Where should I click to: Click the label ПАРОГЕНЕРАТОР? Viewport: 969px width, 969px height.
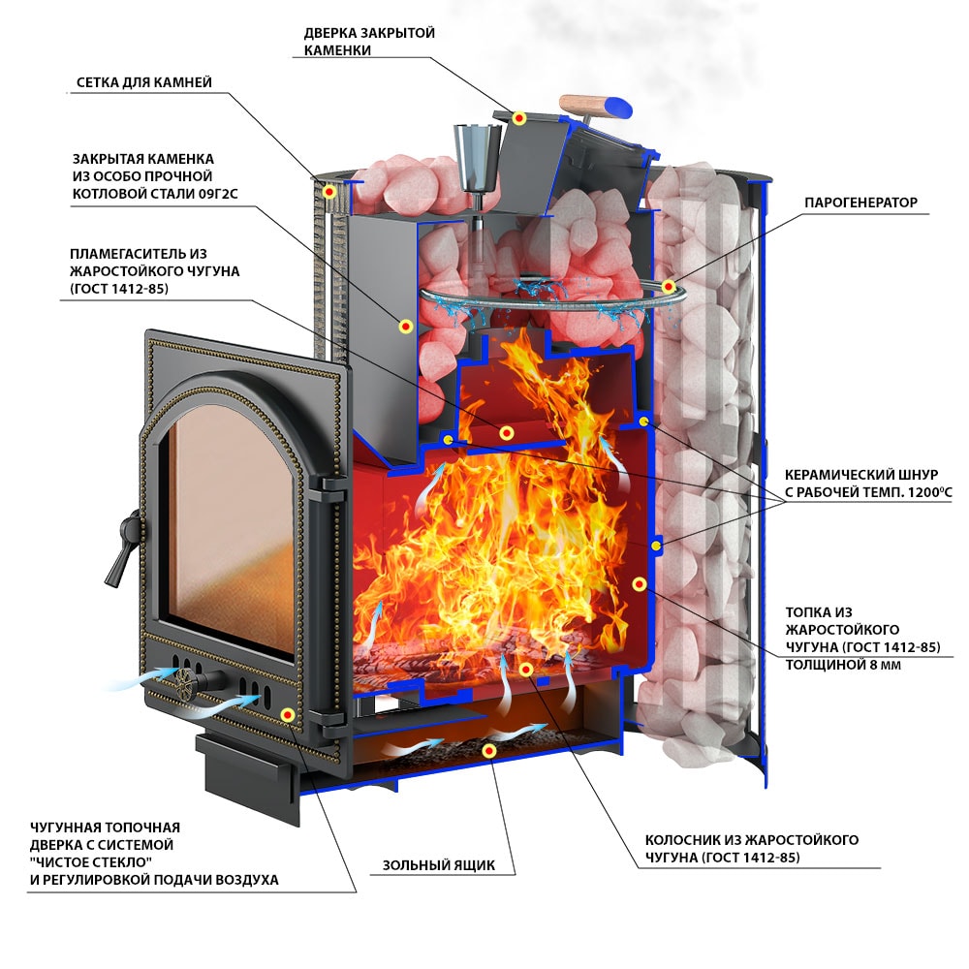pyautogui.click(x=860, y=203)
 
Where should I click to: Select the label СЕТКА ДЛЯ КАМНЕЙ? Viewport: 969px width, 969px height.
pyautogui.click(x=143, y=82)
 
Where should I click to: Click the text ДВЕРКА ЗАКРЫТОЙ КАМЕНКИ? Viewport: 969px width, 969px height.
pyautogui.click(x=369, y=42)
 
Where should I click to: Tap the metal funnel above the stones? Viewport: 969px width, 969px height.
pyautogui.click(x=475, y=159)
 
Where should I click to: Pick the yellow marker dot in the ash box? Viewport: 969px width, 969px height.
pyautogui.click(x=490, y=750)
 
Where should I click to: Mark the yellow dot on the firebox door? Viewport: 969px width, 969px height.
pyautogui.click(x=288, y=714)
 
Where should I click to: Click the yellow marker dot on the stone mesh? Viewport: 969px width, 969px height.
pyautogui.click(x=329, y=192)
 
